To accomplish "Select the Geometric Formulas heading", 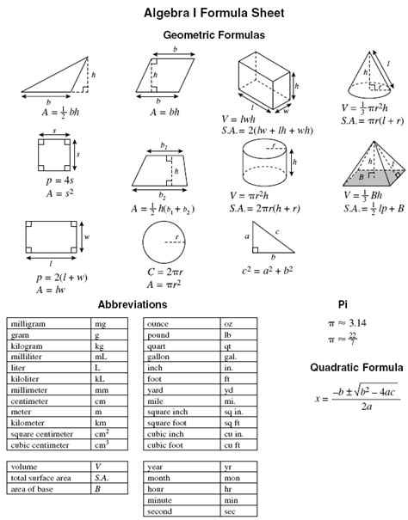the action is tap(213, 35).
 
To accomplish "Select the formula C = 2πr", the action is tap(164, 272).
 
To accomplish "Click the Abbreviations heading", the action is tap(133, 304).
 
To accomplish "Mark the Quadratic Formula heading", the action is tap(355, 367).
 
